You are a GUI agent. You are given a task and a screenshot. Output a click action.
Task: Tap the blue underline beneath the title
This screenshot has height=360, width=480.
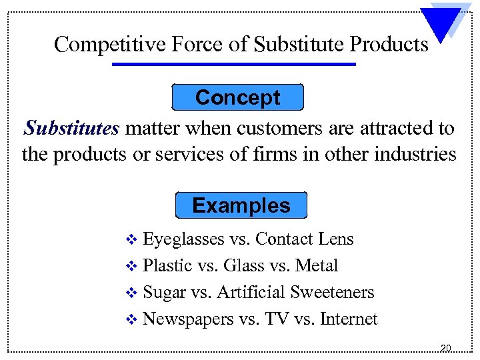click(x=234, y=65)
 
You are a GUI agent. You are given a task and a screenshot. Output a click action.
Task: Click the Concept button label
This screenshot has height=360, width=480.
click(x=237, y=97)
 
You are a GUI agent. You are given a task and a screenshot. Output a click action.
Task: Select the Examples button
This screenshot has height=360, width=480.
click(x=241, y=205)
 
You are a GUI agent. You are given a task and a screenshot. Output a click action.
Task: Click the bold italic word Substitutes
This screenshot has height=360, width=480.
click(x=71, y=127)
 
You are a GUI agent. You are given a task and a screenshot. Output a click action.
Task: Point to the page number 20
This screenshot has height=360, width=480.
click(x=446, y=348)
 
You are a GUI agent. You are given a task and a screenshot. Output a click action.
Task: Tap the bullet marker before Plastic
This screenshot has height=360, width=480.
click(x=131, y=266)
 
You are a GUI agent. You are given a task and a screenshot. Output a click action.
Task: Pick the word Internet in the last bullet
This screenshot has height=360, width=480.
click(x=349, y=319)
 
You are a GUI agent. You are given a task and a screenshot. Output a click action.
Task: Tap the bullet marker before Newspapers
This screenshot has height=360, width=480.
click(x=131, y=320)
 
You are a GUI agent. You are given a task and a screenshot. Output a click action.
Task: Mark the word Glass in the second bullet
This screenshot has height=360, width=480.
click(x=244, y=265)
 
